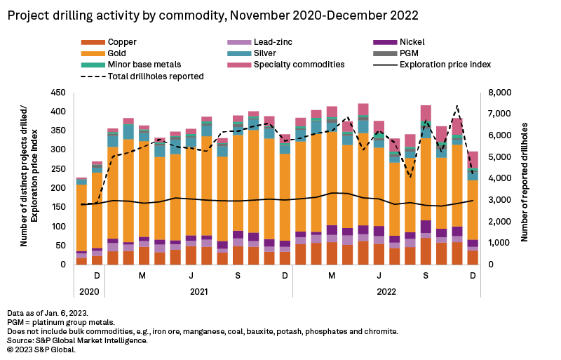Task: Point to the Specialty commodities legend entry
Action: click(298, 65)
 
